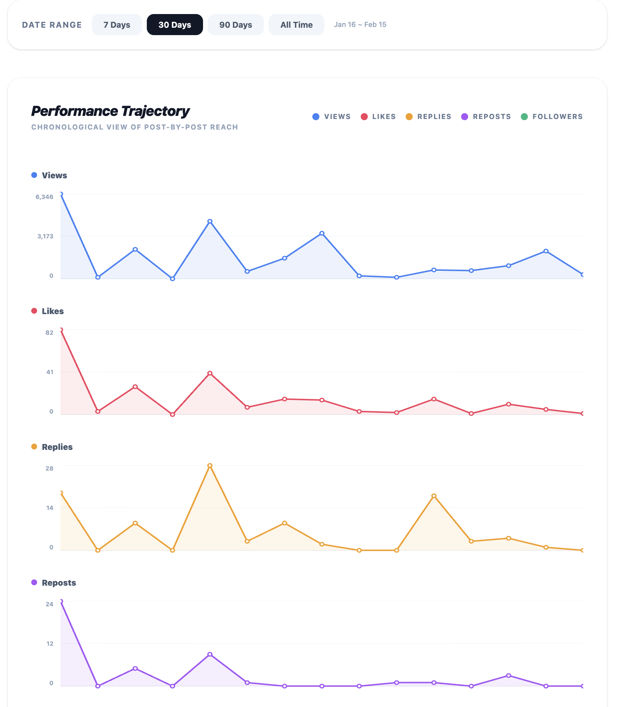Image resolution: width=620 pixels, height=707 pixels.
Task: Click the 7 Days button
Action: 117,25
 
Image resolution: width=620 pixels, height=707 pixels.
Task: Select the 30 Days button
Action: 175,25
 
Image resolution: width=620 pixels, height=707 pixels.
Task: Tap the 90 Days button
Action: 235,25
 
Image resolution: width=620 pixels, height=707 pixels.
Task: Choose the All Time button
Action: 296,25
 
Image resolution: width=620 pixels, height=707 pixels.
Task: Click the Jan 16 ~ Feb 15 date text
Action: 360,25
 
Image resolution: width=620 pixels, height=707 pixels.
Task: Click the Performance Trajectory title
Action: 110,111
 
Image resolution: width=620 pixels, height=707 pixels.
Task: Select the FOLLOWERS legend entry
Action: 552,117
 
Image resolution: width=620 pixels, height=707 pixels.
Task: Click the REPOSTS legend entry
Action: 486,117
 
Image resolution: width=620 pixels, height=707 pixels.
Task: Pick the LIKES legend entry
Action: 378,117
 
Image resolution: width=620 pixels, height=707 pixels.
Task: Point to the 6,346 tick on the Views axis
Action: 45,197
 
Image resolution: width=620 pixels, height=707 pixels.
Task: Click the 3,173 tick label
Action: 45,236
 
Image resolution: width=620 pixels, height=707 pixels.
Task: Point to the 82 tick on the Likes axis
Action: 49,333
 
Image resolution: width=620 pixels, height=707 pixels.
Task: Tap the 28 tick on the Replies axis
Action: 49,469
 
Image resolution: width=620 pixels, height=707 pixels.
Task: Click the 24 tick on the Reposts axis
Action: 49,604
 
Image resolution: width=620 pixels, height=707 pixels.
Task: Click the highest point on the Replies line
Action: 210,465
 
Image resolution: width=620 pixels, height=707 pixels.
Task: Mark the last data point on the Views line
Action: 583,275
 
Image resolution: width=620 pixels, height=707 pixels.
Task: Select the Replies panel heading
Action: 57,447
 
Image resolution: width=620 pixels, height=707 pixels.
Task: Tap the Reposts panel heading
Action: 59,583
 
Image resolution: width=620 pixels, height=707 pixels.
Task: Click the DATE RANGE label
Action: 52,25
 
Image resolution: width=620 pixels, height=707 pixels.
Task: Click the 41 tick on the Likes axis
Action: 50,372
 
